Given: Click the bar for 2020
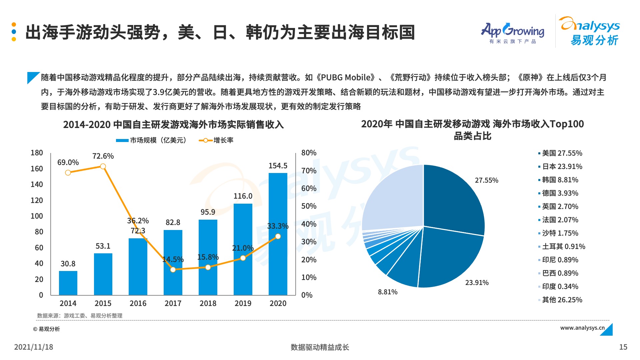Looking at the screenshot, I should click(278, 233).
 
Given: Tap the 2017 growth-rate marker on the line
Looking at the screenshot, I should click(173, 269).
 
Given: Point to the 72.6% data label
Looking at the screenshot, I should click(103, 156).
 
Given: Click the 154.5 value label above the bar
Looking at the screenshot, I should click(278, 166).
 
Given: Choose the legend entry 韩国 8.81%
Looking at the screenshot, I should click(560, 180).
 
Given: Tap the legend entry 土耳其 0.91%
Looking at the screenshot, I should click(563, 247).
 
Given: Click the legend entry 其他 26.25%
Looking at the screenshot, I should click(562, 300).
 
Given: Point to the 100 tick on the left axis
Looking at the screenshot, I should click(37, 216).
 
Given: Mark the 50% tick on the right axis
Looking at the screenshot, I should click(309, 206).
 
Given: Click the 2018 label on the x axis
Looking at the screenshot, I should click(208, 303).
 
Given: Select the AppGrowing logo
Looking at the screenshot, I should click(512, 33).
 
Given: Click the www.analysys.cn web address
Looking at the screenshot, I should click(582, 328).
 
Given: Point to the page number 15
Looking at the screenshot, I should click(623, 347).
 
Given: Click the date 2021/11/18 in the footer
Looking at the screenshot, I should click(34, 347).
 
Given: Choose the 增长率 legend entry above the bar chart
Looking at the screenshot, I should click(216, 140).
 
